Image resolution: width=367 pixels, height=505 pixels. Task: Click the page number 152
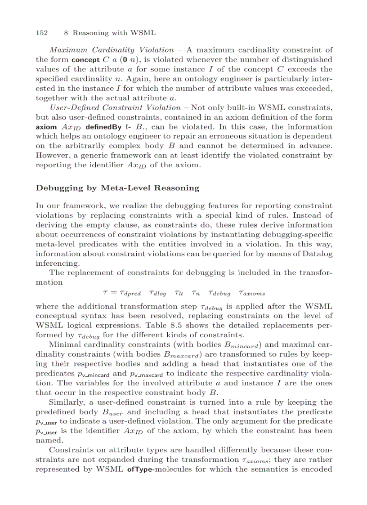click(x=41, y=33)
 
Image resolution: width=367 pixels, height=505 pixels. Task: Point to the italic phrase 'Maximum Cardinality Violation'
click(x=111, y=50)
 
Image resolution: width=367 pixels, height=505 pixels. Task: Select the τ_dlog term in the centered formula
click(x=157, y=294)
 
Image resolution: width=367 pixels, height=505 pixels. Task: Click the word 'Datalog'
click(x=318, y=254)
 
